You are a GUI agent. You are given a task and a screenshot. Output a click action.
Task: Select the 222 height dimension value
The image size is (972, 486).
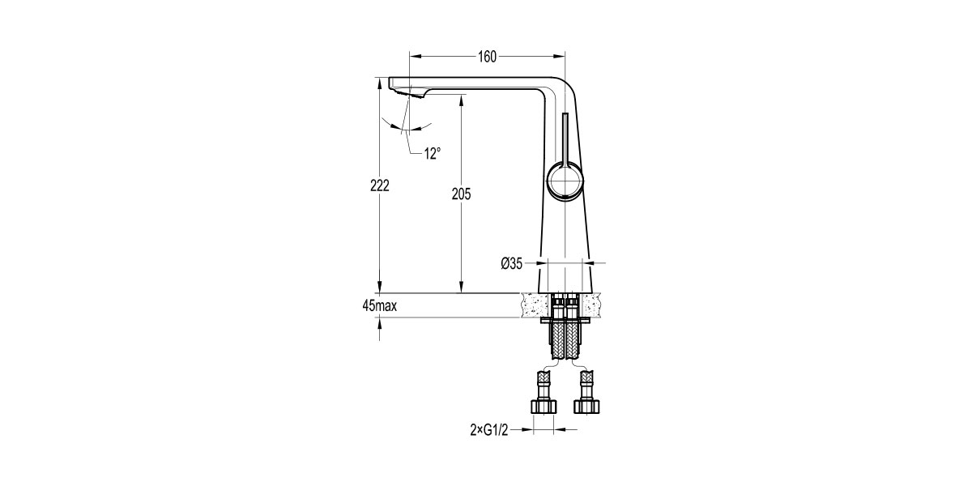pyautogui.click(x=380, y=185)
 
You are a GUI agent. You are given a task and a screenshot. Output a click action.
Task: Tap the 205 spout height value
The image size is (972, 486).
pyautogui.click(x=462, y=194)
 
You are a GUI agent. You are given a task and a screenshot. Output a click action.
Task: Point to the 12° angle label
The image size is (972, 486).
pyautogui.click(x=433, y=152)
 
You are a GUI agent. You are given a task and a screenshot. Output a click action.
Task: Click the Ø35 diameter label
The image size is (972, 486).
pyautogui.click(x=513, y=262)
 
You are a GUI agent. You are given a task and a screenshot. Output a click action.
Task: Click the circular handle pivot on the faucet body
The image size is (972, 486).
pyautogui.click(x=565, y=180)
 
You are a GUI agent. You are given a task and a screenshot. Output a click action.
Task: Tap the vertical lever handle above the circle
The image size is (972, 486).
pyautogui.click(x=565, y=138)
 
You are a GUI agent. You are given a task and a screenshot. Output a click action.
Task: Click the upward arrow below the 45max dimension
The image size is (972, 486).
pyautogui.click(x=380, y=323)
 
